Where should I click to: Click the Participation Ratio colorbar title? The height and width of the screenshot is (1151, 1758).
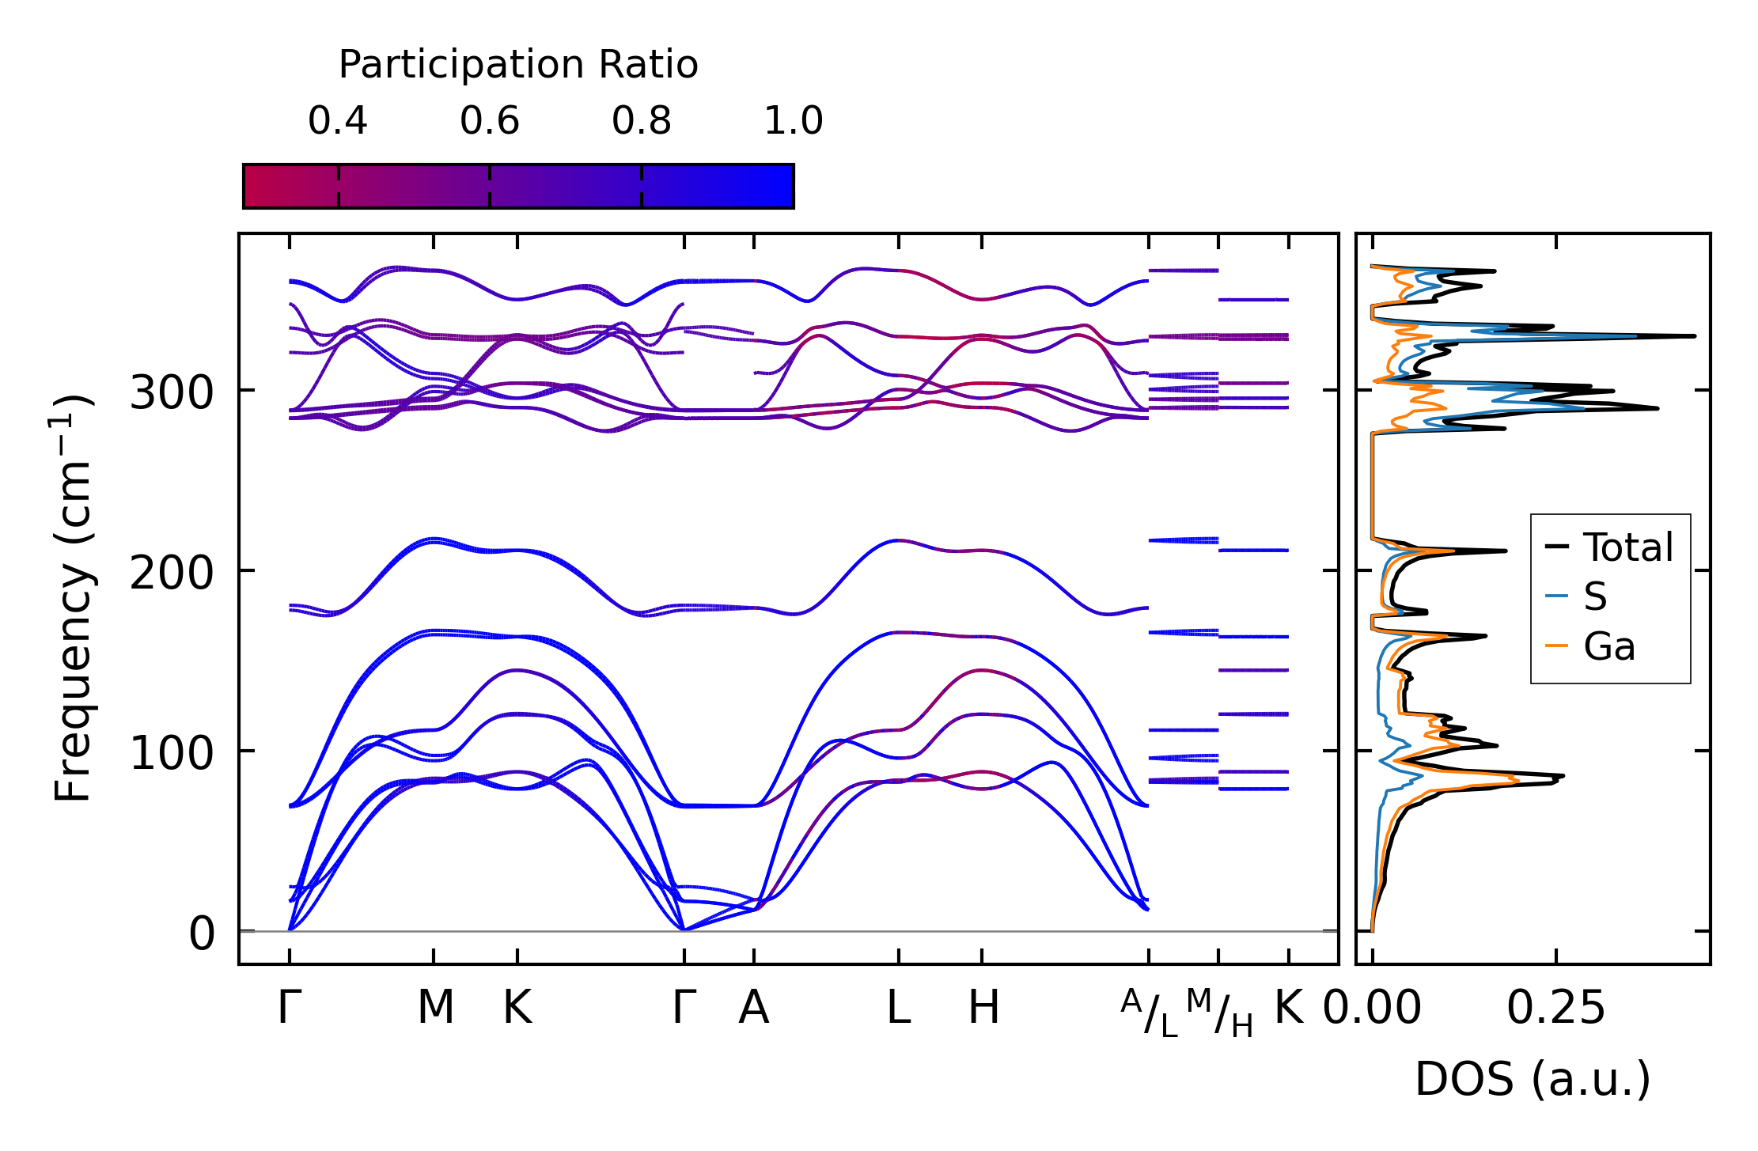pos(518,65)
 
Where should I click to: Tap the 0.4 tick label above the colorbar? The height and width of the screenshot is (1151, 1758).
pos(338,121)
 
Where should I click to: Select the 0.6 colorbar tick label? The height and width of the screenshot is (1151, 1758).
pos(490,121)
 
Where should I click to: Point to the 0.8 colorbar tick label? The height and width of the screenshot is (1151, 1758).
pos(642,121)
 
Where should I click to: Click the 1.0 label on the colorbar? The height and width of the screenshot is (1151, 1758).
pos(794,121)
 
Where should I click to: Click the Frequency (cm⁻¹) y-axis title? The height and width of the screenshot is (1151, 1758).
pos(74,598)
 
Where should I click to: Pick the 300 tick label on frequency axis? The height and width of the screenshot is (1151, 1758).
pos(172,392)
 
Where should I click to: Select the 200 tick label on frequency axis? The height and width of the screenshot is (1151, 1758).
pos(172,572)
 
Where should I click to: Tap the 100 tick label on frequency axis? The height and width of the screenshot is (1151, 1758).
pos(172,752)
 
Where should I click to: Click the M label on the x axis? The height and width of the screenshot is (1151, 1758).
pos(435,1008)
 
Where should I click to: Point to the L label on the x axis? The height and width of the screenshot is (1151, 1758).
pos(899,1008)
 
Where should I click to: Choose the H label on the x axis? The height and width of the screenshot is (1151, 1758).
pos(984,1008)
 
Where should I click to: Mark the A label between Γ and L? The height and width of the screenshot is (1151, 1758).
pos(754,1008)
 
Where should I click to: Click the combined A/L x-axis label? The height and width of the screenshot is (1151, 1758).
pos(1150,1013)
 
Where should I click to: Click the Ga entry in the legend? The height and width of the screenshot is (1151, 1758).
pos(1609,646)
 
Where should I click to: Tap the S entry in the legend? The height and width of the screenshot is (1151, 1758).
pos(1595,596)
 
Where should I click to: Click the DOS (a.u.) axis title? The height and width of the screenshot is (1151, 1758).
pos(1533,1079)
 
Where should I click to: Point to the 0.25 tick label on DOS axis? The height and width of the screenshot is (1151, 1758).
pos(1556,1008)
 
